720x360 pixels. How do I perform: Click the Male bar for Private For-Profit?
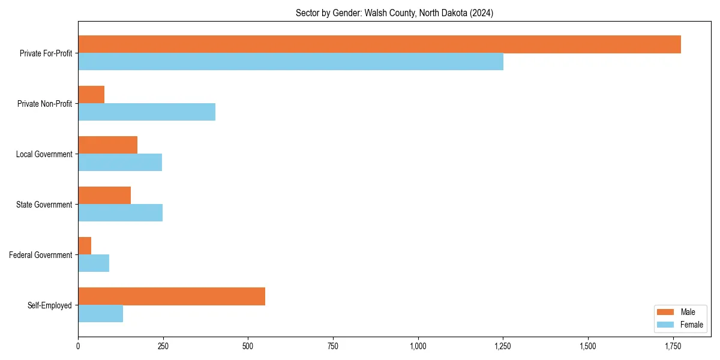point(379,44)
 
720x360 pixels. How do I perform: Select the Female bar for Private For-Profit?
point(290,62)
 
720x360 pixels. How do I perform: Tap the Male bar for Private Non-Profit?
point(91,95)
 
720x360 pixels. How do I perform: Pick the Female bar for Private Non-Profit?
point(146,112)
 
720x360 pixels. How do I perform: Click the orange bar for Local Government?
point(107,145)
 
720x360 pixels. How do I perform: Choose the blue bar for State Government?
point(120,213)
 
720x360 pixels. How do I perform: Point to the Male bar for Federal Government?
point(85,246)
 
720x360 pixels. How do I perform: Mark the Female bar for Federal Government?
point(94,263)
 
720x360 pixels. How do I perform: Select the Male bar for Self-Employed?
point(172,296)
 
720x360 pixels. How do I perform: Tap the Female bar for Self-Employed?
point(100,314)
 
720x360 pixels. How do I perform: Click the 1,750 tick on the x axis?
point(673,346)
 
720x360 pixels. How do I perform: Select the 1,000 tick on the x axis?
point(418,346)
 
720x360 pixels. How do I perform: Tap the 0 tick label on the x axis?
point(78,346)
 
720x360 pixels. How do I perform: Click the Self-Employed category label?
point(49,305)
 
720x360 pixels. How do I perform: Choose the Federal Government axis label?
point(41,255)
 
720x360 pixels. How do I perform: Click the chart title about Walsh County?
point(394,13)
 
